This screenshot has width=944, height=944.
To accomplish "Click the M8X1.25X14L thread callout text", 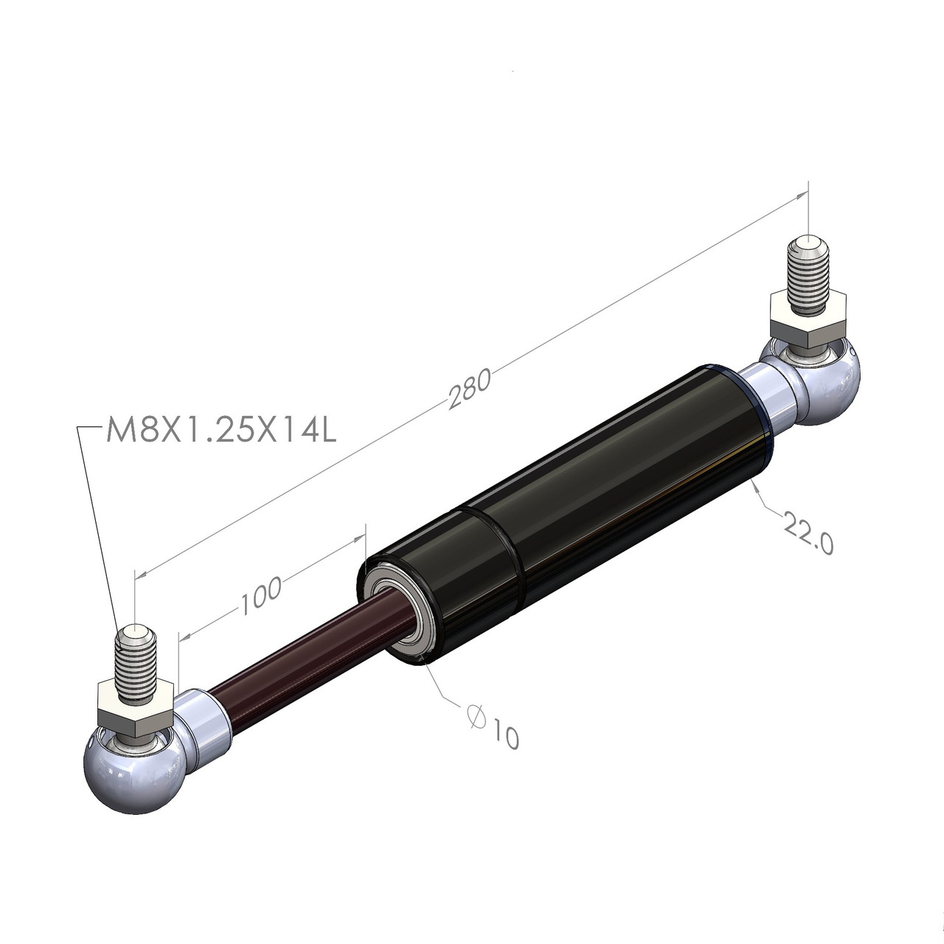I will pos(221,431).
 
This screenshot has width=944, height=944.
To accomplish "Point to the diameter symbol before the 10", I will pos(476,715).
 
